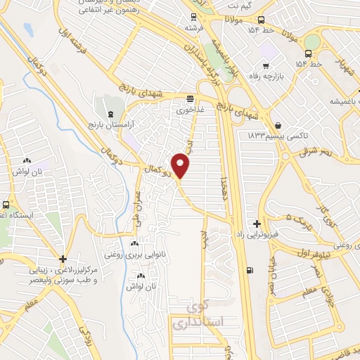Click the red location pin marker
coord(181,165)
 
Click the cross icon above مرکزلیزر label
coord(63,259)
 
